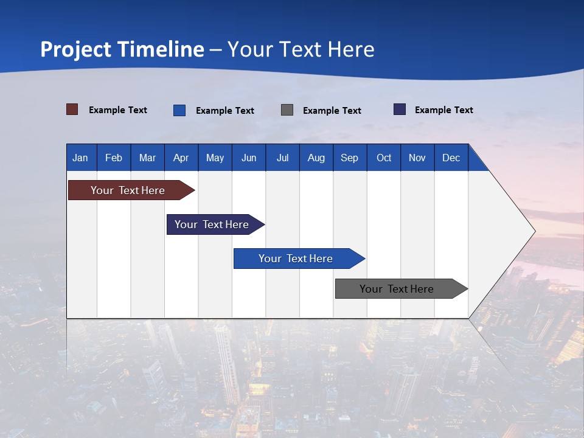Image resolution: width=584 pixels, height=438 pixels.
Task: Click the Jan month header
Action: tap(80, 158)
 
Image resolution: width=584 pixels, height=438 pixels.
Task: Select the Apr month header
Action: tap(181, 158)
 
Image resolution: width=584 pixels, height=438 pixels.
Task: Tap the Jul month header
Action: tap(282, 158)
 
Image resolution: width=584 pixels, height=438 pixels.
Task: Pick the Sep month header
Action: tap(349, 158)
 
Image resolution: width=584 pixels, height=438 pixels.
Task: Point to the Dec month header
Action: tap(451, 158)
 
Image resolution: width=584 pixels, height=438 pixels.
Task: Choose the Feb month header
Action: tap(114, 158)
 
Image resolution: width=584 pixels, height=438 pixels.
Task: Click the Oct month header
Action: tap(384, 158)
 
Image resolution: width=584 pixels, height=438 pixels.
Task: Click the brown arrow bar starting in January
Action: tap(128, 190)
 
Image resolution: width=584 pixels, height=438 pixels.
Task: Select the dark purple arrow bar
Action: tap(212, 224)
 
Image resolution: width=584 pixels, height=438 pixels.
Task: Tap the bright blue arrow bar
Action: tap(296, 259)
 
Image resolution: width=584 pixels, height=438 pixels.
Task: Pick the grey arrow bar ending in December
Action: tap(397, 289)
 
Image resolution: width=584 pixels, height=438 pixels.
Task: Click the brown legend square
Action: tap(72, 109)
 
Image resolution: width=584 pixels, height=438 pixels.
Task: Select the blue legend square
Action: tap(179, 110)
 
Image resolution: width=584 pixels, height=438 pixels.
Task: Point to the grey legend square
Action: tap(287, 110)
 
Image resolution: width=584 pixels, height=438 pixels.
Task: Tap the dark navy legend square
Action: tap(400, 109)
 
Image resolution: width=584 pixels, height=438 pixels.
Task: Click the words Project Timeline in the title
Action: tap(122, 49)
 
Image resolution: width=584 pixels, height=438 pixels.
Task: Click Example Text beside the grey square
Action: tap(332, 111)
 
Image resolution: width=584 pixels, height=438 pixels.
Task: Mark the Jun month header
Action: tap(249, 158)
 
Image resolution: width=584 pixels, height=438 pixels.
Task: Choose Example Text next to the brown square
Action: tap(118, 110)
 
